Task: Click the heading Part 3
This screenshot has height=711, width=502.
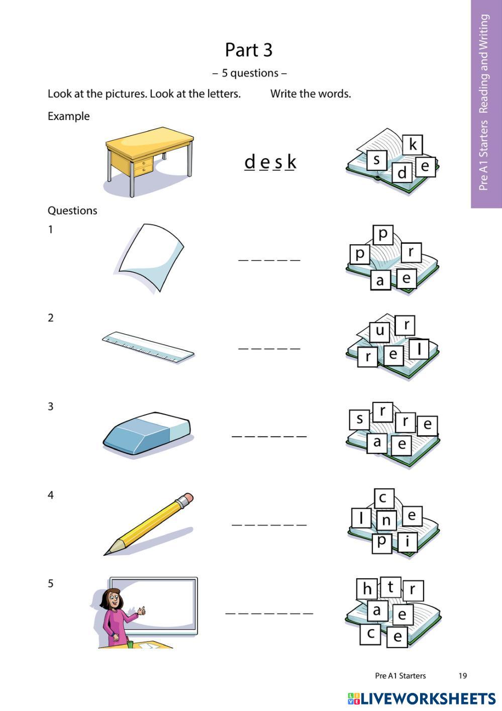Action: pos(249,50)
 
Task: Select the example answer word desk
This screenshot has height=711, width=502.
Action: pos(270,162)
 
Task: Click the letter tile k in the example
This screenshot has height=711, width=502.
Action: pos(413,145)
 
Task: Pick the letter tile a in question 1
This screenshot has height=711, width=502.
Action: pos(380,280)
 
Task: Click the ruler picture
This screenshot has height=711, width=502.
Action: pos(148,347)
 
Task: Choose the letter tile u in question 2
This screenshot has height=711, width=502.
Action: pos(380,331)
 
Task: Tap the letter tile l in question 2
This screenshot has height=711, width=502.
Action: pos(419,348)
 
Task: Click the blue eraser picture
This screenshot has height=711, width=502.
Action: pos(147,433)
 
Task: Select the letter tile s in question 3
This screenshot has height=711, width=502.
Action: pos(359,419)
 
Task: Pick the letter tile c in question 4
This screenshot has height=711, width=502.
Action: pos(383,498)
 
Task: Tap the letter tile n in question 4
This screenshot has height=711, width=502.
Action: pos(386,520)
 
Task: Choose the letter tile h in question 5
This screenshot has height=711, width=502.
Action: pos(367,588)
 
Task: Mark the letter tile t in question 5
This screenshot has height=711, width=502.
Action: pos(390,586)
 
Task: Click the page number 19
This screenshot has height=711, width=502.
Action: pos(462,676)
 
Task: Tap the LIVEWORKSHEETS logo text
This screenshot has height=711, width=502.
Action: pos(428,698)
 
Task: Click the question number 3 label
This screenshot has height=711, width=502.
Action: pos(51,407)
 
